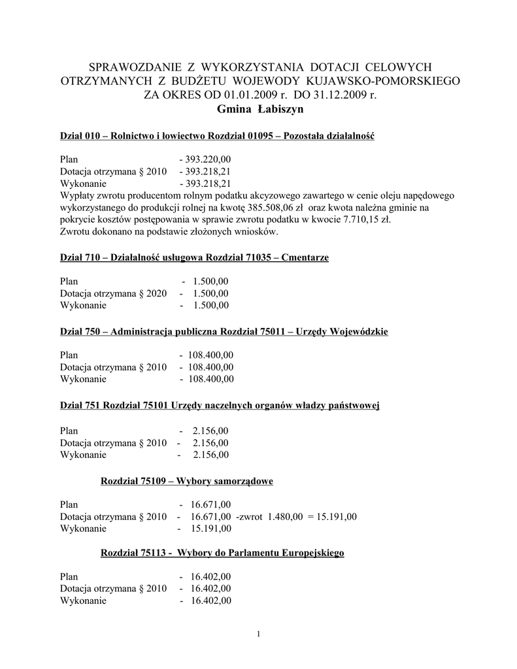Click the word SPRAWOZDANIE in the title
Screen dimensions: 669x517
click(x=133, y=67)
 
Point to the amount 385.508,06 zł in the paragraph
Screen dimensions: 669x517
click(x=274, y=208)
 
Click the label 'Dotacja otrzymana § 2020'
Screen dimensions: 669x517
click(x=114, y=293)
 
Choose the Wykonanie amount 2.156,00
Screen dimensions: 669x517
click(x=210, y=455)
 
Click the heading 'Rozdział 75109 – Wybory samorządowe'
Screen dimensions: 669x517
click(x=186, y=481)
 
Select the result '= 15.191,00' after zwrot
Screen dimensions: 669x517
click(x=333, y=517)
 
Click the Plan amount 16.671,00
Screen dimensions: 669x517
click(x=211, y=505)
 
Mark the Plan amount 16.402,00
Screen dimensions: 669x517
click(x=211, y=577)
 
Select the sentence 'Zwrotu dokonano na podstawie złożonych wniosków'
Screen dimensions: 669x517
click(x=169, y=232)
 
